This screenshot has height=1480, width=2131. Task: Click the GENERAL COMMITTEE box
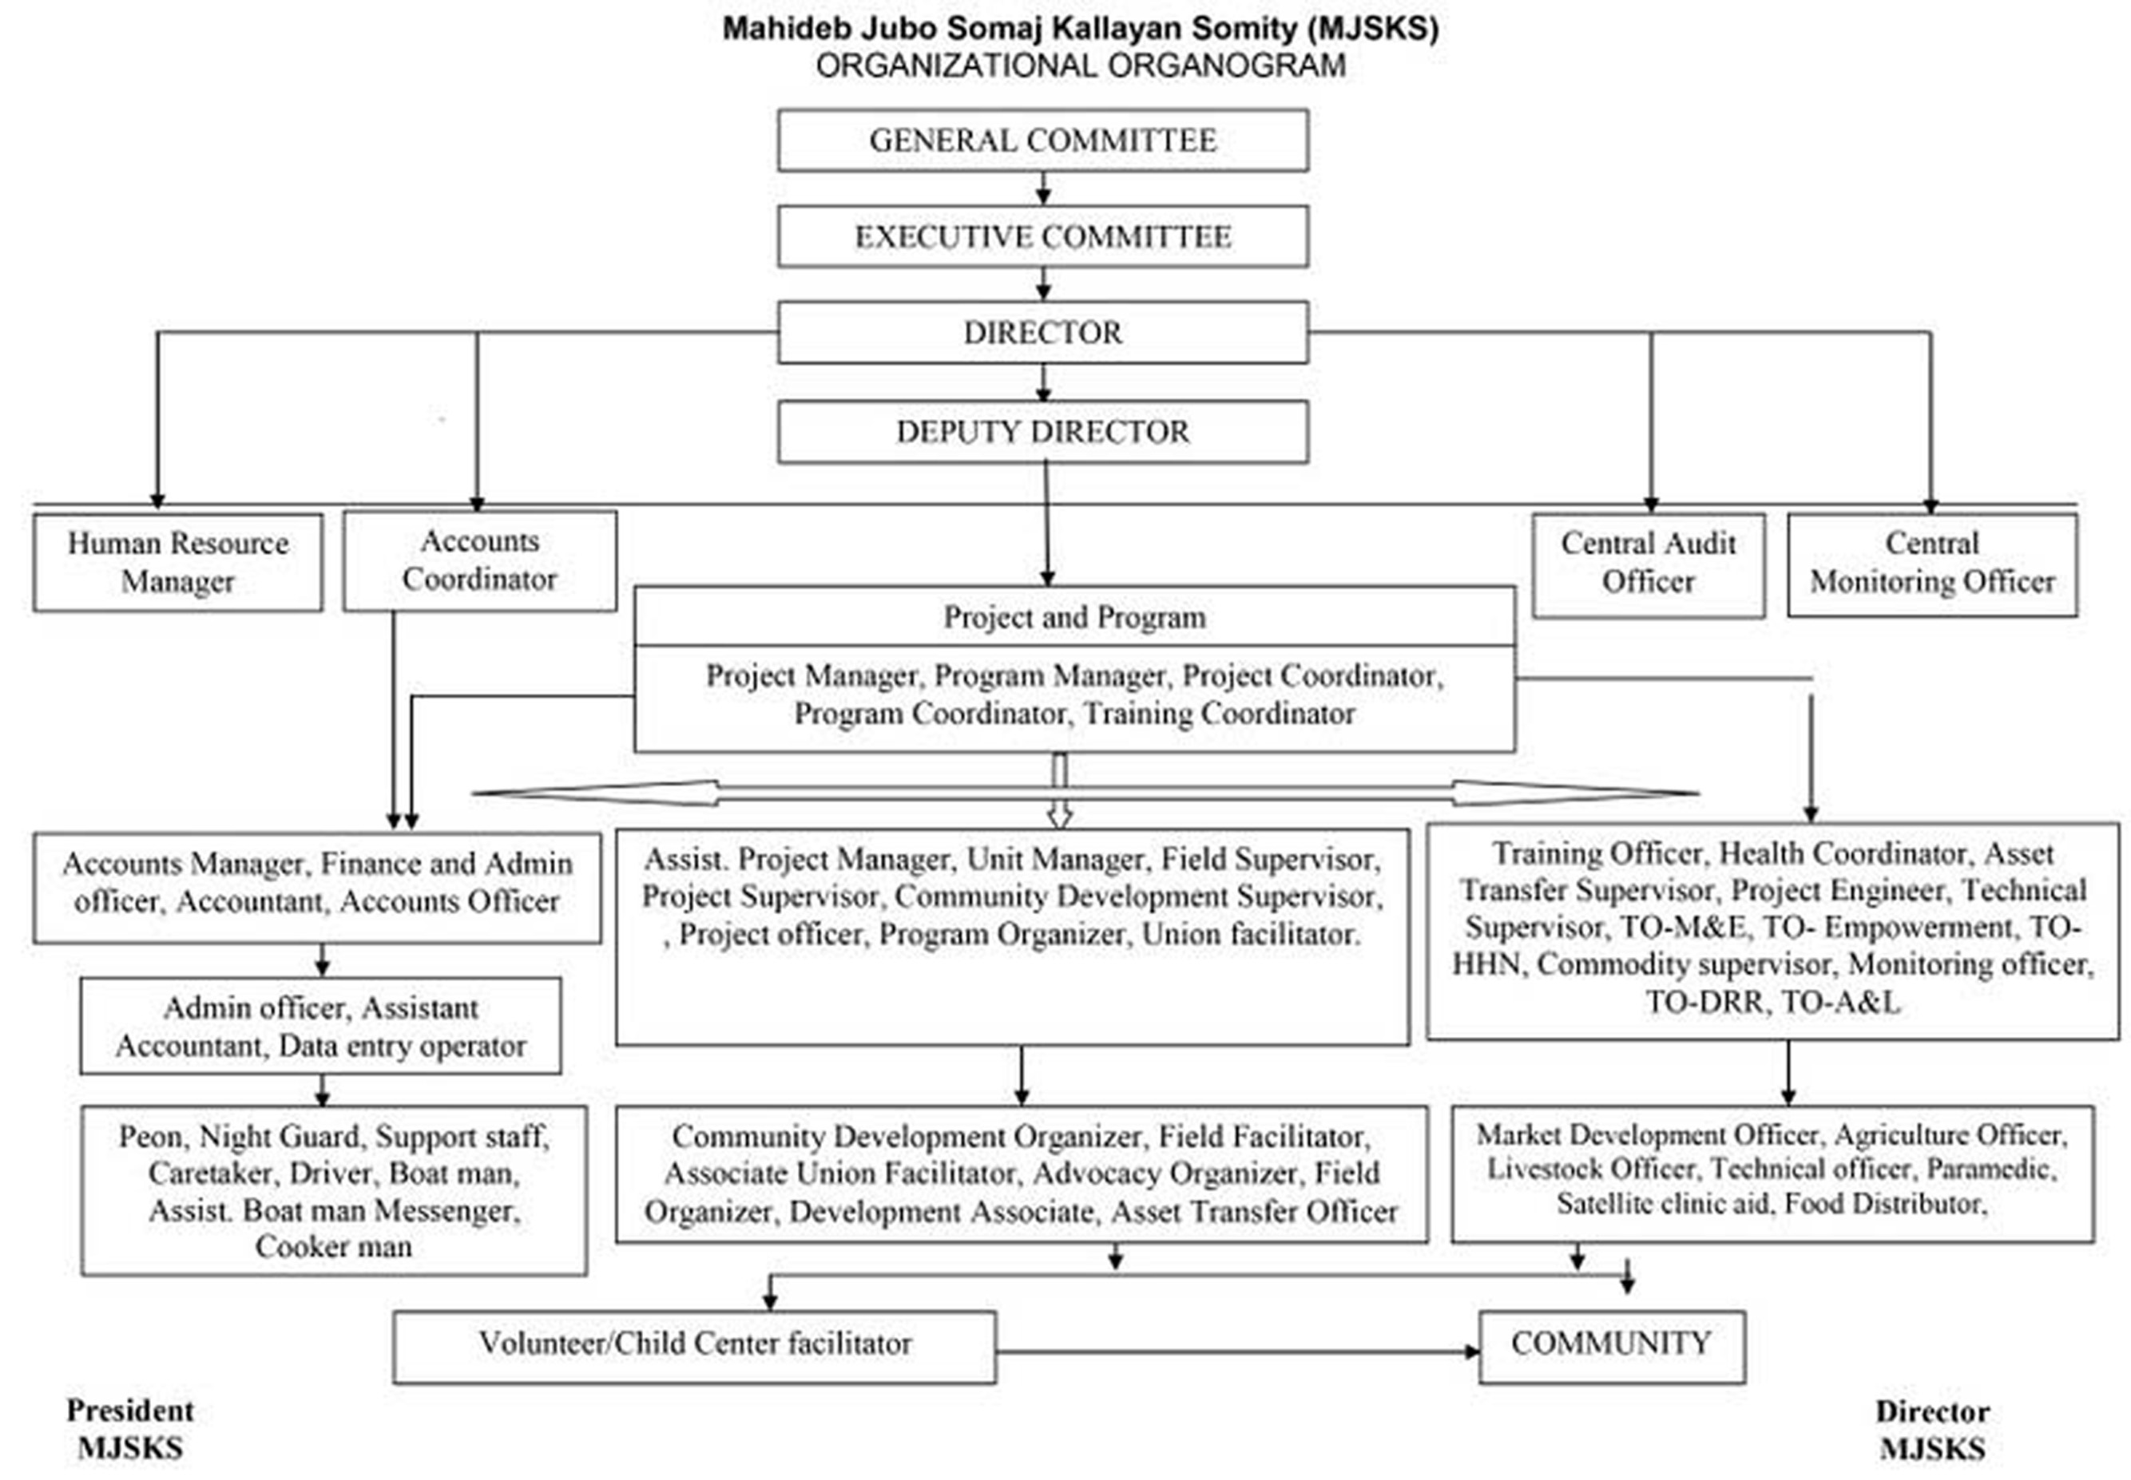(x=1043, y=140)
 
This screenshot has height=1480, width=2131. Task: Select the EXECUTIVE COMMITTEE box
(x=1043, y=236)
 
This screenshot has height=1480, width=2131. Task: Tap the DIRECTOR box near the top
(x=1043, y=332)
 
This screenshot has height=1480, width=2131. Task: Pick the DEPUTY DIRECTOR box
(x=1043, y=431)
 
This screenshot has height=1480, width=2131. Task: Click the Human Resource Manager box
(x=178, y=562)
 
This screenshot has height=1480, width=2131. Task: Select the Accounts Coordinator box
(x=480, y=560)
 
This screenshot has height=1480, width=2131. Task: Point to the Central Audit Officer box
(x=1649, y=564)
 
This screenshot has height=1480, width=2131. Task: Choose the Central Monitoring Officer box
(x=1932, y=564)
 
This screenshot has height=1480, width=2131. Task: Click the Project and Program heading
(x=1074, y=616)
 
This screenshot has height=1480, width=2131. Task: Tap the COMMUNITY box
(x=1612, y=1347)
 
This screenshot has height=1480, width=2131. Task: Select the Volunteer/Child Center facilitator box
(x=695, y=1347)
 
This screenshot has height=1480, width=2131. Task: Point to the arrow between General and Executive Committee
(x=1043, y=188)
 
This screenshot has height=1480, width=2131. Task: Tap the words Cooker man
(x=334, y=1246)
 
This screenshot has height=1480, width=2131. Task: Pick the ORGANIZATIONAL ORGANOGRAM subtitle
(x=1081, y=65)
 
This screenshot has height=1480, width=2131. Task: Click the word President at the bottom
(x=130, y=1411)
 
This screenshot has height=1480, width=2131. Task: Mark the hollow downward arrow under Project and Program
(x=1059, y=790)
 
